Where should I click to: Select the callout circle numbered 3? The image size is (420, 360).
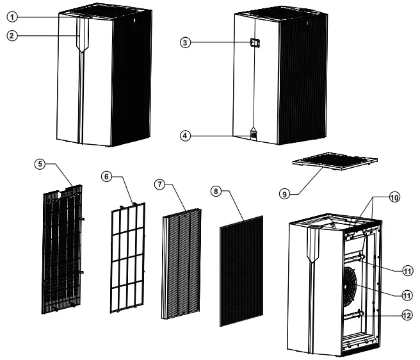click(x=186, y=43)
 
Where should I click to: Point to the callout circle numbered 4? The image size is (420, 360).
click(x=186, y=135)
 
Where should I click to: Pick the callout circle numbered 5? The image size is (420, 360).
click(x=42, y=165)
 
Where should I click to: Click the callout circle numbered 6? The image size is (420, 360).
click(x=106, y=176)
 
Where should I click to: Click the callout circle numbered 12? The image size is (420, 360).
click(x=408, y=315)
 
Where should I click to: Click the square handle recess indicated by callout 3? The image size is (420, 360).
click(x=254, y=43)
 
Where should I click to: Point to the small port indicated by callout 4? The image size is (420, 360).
click(x=254, y=135)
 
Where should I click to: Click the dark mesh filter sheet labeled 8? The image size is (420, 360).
click(x=241, y=271)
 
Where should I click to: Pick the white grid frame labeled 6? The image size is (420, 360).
click(x=127, y=256)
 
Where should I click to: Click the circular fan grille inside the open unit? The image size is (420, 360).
click(x=348, y=285)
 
